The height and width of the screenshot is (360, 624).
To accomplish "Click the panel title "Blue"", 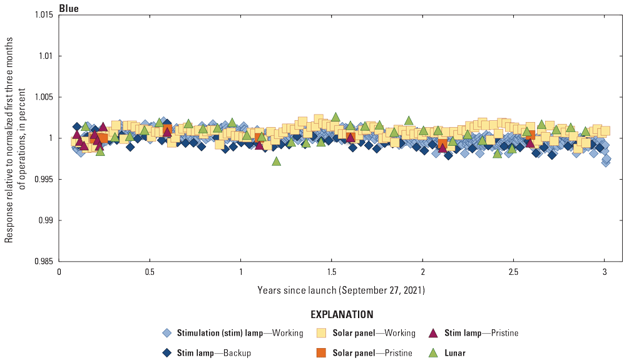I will click(x=68, y=8).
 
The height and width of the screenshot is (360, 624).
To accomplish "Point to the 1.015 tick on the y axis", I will click(x=45, y=15).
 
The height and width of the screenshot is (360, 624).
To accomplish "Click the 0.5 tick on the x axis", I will click(x=150, y=274).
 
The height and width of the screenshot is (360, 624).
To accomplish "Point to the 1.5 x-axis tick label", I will click(x=332, y=274).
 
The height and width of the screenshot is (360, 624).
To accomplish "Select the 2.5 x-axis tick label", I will click(x=513, y=274).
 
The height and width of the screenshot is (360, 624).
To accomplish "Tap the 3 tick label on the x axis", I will click(x=605, y=274).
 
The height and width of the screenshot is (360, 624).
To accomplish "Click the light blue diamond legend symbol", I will click(x=166, y=333).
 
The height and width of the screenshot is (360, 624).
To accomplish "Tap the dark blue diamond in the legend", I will click(x=166, y=353).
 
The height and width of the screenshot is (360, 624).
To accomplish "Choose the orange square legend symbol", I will click(x=322, y=353).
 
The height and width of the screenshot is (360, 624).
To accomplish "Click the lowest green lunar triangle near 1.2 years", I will click(x=276, y=161).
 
